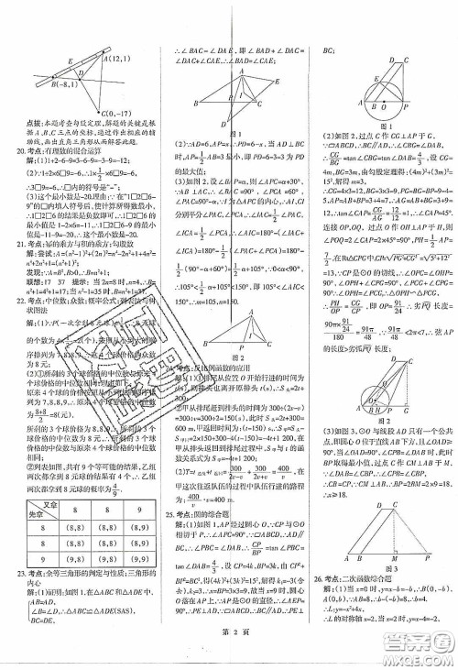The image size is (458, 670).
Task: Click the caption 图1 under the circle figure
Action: tap(378, 126)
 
